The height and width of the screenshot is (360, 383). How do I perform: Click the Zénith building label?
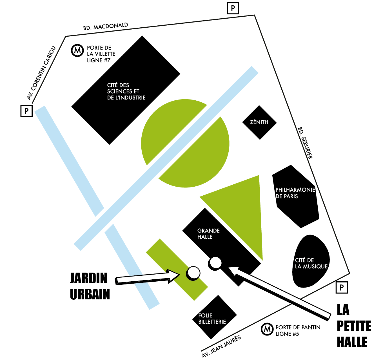259,122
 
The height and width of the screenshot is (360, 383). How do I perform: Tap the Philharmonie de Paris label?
295,193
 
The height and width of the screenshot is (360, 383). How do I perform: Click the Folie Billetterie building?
214,317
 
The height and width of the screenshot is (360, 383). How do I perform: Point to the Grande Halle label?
208,234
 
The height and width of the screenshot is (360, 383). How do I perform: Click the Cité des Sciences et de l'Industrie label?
126,91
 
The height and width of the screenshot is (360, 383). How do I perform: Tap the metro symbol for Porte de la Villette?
77,51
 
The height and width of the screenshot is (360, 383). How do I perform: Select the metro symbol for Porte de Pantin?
267,329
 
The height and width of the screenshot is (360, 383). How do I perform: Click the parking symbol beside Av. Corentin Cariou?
26,111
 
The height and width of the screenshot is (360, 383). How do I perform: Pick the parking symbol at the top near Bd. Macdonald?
233,8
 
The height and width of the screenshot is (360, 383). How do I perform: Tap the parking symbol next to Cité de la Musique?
342,288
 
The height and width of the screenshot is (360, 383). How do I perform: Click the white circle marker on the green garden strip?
193,273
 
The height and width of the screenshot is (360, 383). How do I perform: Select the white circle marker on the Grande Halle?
216,263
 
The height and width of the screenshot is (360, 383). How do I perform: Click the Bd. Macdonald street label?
106,26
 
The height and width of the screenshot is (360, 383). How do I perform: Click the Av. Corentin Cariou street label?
41,73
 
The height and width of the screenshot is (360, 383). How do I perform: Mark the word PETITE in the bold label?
354,326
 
